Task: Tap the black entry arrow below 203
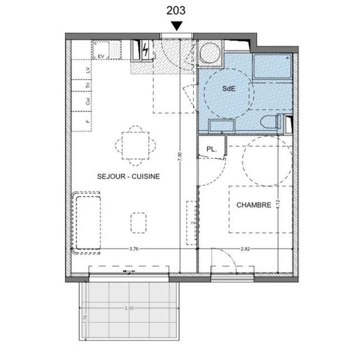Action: (x=177, y=27)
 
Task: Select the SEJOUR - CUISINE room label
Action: (x=129, y=176)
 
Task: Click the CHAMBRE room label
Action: (x=254, y=205)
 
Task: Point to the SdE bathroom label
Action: (x=228, y=88)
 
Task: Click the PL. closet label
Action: (x=212, y=149)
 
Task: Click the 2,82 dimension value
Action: (x=245, y=248)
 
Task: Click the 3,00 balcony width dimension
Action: (x=129, y=309)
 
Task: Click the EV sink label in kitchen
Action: (x=101, y=56)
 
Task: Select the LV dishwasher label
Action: (x=88, y=71)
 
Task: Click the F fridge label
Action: (x=88, y=122)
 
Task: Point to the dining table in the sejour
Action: (x=134, y=145)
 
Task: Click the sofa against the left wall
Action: (x=88, y=223)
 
